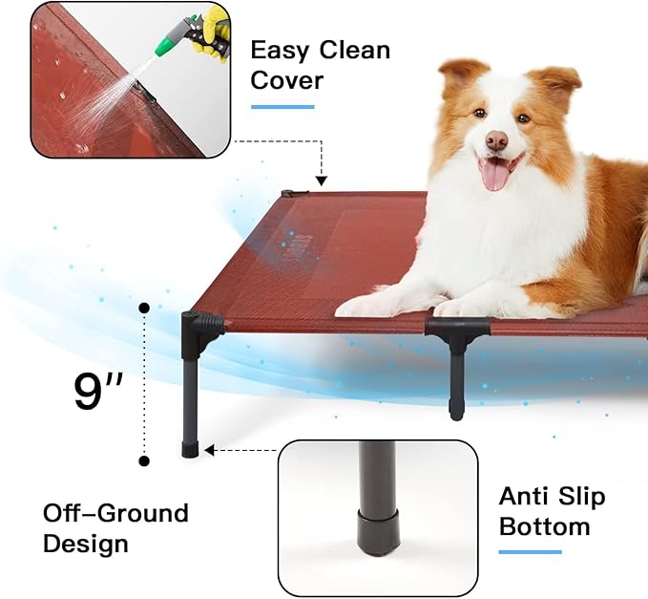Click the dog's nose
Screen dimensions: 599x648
click(497, 140)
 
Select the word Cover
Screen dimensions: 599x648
click(286, 79)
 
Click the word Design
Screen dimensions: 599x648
click(86, 545)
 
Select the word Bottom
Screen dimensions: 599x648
click(544, 526)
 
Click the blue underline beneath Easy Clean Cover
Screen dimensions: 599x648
click(282, 106)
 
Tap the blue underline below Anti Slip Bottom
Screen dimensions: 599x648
click(530, 551)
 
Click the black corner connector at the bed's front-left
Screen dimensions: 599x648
click(201, 327)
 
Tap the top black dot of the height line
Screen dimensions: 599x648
click(144, 309)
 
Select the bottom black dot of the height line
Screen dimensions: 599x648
click(144, 460)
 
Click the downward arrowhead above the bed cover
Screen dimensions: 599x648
click(321, 180)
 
